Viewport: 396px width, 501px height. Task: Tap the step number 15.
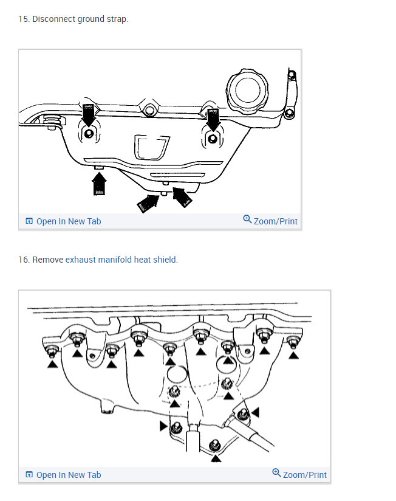coord(23,19)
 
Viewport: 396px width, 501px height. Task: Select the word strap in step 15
coord(117,19)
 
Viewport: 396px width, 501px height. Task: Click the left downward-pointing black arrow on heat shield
coord(89,114)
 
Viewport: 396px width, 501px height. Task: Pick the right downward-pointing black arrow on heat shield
coord(213,117)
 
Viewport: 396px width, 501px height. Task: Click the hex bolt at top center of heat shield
coord(149,112)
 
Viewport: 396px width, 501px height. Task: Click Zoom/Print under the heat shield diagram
coord(270,221)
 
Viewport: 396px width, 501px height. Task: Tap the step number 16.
coord(23,260)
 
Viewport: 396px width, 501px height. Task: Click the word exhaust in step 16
coord(80,260)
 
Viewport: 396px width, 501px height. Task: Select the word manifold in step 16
coord(114,260)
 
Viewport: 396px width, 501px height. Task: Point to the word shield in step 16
coord(165,260)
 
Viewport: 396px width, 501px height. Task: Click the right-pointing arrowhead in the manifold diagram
coord(163,426)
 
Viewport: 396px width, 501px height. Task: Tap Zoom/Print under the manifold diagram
coord(299,475)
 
